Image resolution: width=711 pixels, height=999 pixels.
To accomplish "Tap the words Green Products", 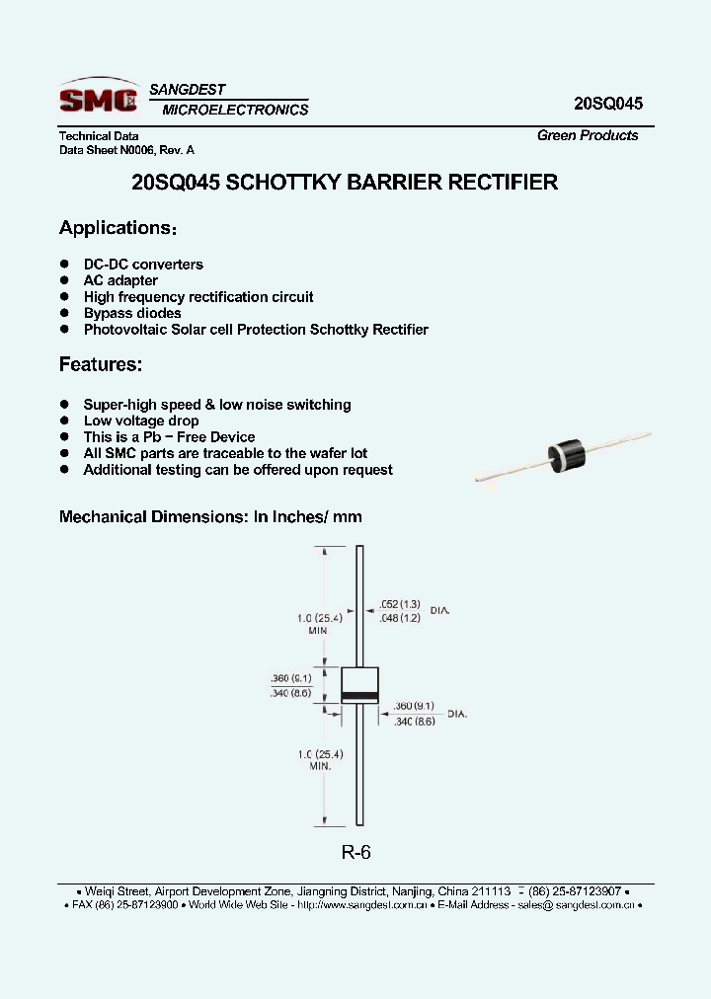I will pos(588,136).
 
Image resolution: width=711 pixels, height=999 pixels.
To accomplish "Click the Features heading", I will pos(101,365).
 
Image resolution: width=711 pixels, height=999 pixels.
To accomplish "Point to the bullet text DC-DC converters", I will pos(143,265).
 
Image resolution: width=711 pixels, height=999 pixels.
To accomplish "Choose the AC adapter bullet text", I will pos(120,280).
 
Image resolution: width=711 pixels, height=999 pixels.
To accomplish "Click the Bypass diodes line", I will pos(132,313).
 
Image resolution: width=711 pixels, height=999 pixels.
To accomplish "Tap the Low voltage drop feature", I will pos(141,421).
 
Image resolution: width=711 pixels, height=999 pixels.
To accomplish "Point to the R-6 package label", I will pos(355,853).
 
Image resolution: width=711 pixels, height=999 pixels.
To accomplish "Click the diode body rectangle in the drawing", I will pos(359,684).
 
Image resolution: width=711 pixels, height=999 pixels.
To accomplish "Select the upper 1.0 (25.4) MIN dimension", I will pos(318,624).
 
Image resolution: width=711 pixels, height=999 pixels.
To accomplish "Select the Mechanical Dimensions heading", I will pos(210,516).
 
